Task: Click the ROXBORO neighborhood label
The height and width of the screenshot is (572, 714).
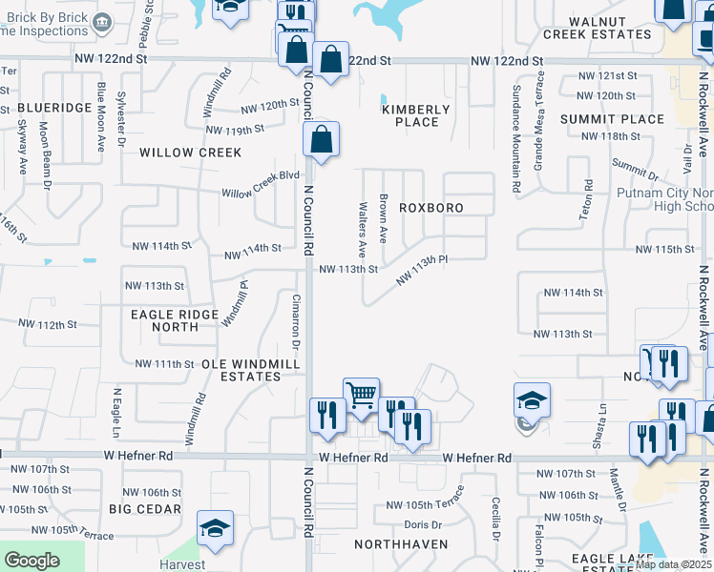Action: tap(430, 208)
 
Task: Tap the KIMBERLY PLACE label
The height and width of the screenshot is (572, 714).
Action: tap(410, 115)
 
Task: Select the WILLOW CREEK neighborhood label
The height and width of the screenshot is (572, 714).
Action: tap(190, 153)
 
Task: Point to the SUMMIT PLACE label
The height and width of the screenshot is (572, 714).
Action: tap(612, 119)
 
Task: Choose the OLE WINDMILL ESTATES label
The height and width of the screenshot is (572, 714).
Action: tap(241, 370)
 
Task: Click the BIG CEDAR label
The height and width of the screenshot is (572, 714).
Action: tap(144, 509)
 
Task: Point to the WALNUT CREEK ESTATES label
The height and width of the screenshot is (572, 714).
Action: tap(598, 28)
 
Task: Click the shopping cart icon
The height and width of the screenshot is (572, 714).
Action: tap(361, 393)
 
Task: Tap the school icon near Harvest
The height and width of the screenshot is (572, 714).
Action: tap(215, 528)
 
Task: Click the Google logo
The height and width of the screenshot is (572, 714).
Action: tap(32, 561)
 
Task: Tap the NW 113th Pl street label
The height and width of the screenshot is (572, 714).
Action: tap(421, 269)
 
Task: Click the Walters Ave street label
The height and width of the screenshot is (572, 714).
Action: tap(363, 229)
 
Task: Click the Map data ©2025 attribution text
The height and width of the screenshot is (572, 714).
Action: tap(673, 564)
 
